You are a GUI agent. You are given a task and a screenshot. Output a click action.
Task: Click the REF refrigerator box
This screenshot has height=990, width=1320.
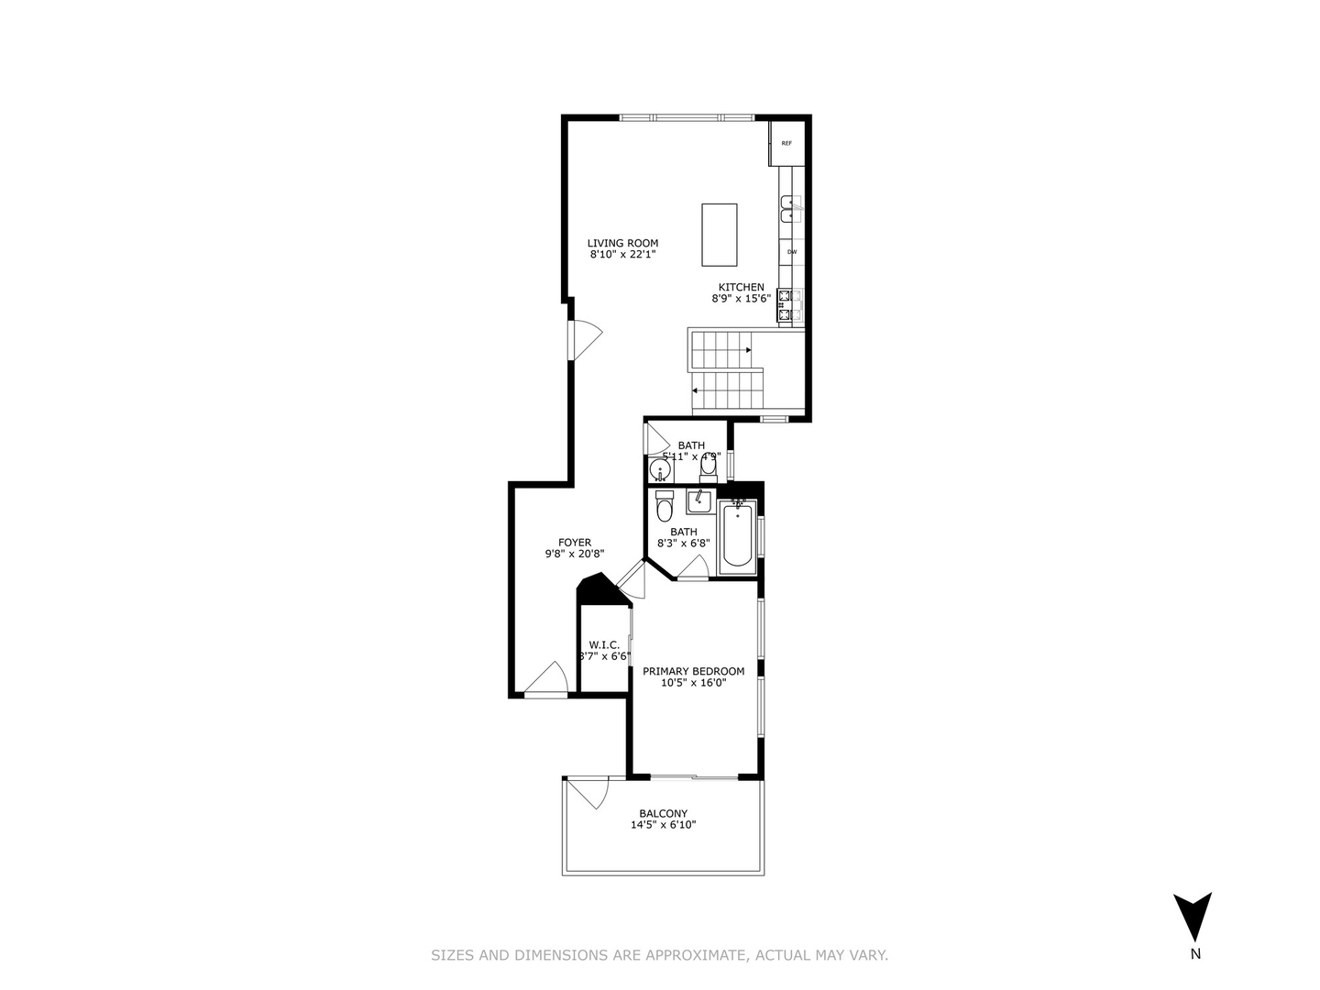click(x=786, y=143)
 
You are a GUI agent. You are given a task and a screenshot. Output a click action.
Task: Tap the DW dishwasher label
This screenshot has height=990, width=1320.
click(x=792, y=251)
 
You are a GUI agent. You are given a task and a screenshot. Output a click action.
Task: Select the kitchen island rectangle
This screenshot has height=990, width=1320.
click(x=720, y=234)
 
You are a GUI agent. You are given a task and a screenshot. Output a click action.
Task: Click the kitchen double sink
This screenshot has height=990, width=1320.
click(x=790, y=208)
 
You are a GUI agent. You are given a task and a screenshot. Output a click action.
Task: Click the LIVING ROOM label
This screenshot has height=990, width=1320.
click(x=622, y=243)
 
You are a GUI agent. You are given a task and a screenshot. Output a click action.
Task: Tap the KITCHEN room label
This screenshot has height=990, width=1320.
click(x=741, y=287)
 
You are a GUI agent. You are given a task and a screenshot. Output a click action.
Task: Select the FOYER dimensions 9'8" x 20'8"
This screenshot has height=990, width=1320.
click(x=575, y=554)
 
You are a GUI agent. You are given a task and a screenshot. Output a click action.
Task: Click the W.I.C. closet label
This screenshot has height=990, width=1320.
click(x=605, y=644)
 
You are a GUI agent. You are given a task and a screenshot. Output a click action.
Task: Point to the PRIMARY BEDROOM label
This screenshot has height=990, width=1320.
click(x=693, y=671)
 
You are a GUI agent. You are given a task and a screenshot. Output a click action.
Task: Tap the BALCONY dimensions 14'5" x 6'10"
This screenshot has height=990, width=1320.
click(x=663, y=825)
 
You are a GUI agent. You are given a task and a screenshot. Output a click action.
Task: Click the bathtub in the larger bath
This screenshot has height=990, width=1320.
click(x=738, y=539)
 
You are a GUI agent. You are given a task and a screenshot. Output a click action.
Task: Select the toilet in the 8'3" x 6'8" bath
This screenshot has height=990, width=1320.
click(x=665, y=506)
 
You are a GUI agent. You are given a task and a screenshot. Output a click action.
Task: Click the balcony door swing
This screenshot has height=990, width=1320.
click(x=587, y=793)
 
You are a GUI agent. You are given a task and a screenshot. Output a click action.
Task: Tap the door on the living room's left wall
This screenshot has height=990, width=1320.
click(x=583, y=340)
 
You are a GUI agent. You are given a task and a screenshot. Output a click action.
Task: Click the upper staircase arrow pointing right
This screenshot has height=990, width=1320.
click(x=748, y=350)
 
